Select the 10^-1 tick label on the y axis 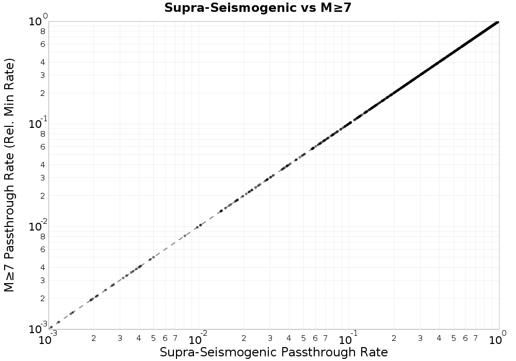pyautogui.click(x=37, y=123)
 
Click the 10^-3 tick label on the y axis pyautogui.click(x=37, y=328)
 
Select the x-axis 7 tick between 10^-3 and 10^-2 pyautogui.click(x=175, y=338)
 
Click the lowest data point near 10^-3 pyautogui.click(x=51, y=327)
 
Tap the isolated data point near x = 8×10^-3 pyautogui.click(x=185, y=236)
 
